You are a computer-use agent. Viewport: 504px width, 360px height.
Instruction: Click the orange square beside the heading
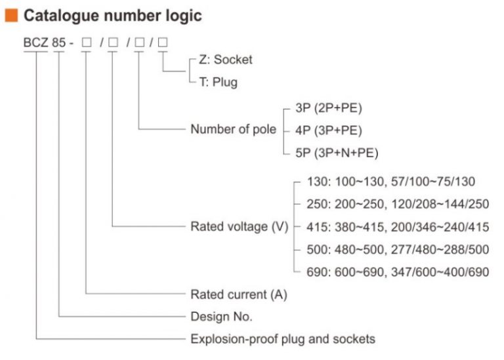11,14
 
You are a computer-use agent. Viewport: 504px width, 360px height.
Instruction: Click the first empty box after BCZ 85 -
86,44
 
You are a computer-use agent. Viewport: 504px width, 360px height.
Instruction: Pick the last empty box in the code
163,44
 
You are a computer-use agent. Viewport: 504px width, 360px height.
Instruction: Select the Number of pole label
233,129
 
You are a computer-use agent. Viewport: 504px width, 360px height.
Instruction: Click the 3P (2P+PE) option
329,108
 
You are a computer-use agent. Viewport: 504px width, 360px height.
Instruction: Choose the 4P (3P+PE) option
329,130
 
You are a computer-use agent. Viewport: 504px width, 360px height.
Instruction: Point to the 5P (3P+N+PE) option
337,153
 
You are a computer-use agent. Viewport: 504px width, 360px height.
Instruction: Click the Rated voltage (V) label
239,227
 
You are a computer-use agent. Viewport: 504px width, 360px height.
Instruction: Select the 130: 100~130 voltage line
390,182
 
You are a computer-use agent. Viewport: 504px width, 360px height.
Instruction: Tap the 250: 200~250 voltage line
397,204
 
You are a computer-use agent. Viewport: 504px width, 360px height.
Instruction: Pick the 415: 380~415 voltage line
397,227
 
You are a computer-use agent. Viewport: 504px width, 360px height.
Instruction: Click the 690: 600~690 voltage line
397,271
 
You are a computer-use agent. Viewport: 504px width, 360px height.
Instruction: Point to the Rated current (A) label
239,294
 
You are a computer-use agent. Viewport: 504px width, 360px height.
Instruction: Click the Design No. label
221,316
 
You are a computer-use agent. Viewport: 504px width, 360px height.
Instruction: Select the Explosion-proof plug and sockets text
283,339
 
